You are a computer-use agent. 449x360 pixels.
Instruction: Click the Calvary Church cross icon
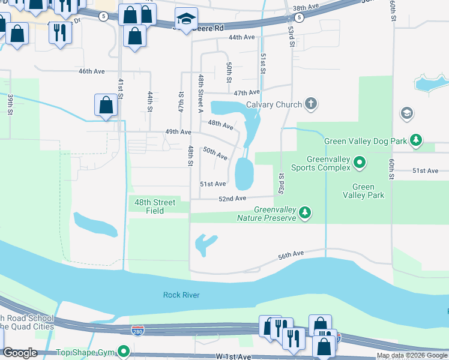(x=310, y=104)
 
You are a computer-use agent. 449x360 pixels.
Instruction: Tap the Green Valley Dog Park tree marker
(x=415, y=141)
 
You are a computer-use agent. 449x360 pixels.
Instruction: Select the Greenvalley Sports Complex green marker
(x=359, y=162)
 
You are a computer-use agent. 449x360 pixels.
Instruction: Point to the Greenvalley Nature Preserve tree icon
(x=306, y=212)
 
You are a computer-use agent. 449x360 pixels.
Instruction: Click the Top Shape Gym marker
(x=124, y=351)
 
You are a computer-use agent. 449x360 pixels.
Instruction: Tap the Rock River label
(x=181, y=295)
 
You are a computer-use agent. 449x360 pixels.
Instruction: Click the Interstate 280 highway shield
(x=137, y=331)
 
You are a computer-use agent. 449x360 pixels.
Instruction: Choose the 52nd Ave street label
(x=232, y=198)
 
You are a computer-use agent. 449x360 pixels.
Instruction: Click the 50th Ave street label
(x=215, y=153)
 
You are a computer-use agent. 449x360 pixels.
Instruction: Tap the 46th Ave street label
(x=91, y=71)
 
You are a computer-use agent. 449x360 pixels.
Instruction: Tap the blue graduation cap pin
(x=186, y=20)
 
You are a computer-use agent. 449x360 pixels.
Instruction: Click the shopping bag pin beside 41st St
(x=106, y=106)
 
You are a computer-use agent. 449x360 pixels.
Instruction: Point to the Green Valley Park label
(x=367, y=191)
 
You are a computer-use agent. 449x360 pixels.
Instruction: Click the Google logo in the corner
(x=20, y=353)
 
